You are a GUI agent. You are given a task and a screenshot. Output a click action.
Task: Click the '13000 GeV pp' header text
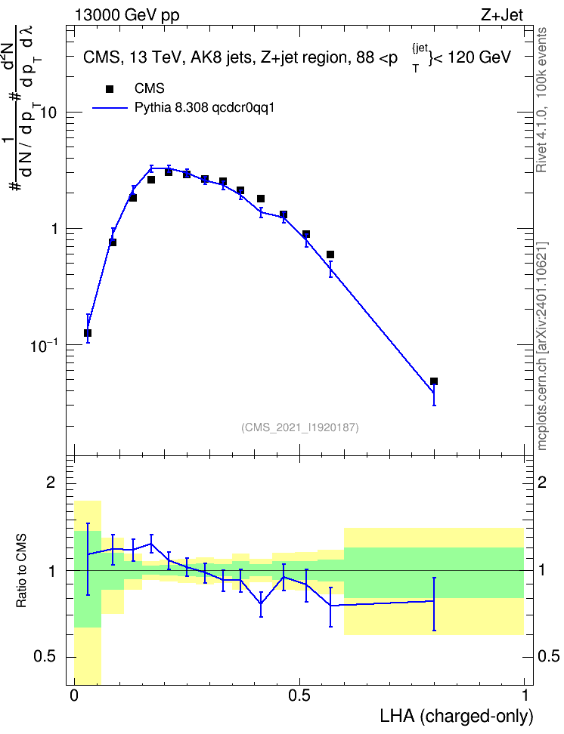pyautogui.click(x=126, y=15)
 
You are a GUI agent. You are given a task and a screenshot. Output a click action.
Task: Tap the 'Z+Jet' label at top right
pyautogui.click(x=502, y=15)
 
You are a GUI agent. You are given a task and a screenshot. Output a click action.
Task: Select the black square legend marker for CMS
pyautogui.click(x=110, y=88)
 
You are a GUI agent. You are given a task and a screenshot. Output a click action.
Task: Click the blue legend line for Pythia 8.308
pyautogui.click(x=110, y=108)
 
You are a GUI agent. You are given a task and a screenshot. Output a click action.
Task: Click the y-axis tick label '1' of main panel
pyautogui.click(x=54, y=229)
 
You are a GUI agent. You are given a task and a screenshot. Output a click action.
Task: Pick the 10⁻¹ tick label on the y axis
pyautogui.click(x=44, y=345)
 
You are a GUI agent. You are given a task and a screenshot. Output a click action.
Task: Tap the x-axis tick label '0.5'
pyautogui.click(x=299, y=695)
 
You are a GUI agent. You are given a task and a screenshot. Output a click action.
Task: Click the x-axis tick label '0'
pyautogui.click(x=73, y=695)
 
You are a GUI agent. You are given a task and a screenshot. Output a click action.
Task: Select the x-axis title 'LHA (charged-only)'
pyautogui.click(x=456, y=716)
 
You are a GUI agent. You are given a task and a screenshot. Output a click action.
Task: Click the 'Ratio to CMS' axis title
pyautogui.click(x=22, y=571)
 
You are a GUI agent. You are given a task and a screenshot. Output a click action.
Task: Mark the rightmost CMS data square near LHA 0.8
pyautogui.click(x=434, y=381)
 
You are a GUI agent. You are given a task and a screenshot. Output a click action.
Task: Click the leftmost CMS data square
pyautogui.click(x=88, y=333)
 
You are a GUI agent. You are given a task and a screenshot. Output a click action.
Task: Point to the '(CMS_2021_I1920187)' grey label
pyautogui.click(x=300, y=427)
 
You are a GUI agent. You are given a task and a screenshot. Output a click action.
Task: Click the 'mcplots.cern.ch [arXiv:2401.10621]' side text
pyautogui.click(x=542, y=346)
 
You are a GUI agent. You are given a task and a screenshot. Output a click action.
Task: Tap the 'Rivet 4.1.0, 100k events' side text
pyautogui.click(x=541, y=100)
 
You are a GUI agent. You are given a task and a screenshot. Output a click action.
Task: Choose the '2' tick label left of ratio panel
pyautogui.click(x=51, y=482)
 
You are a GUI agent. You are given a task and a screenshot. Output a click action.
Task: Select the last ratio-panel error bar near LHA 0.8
pyautogui.click(x=434, y=604)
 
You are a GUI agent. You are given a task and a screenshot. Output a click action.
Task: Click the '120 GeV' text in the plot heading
pyautogui.click(x=479, y=57)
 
